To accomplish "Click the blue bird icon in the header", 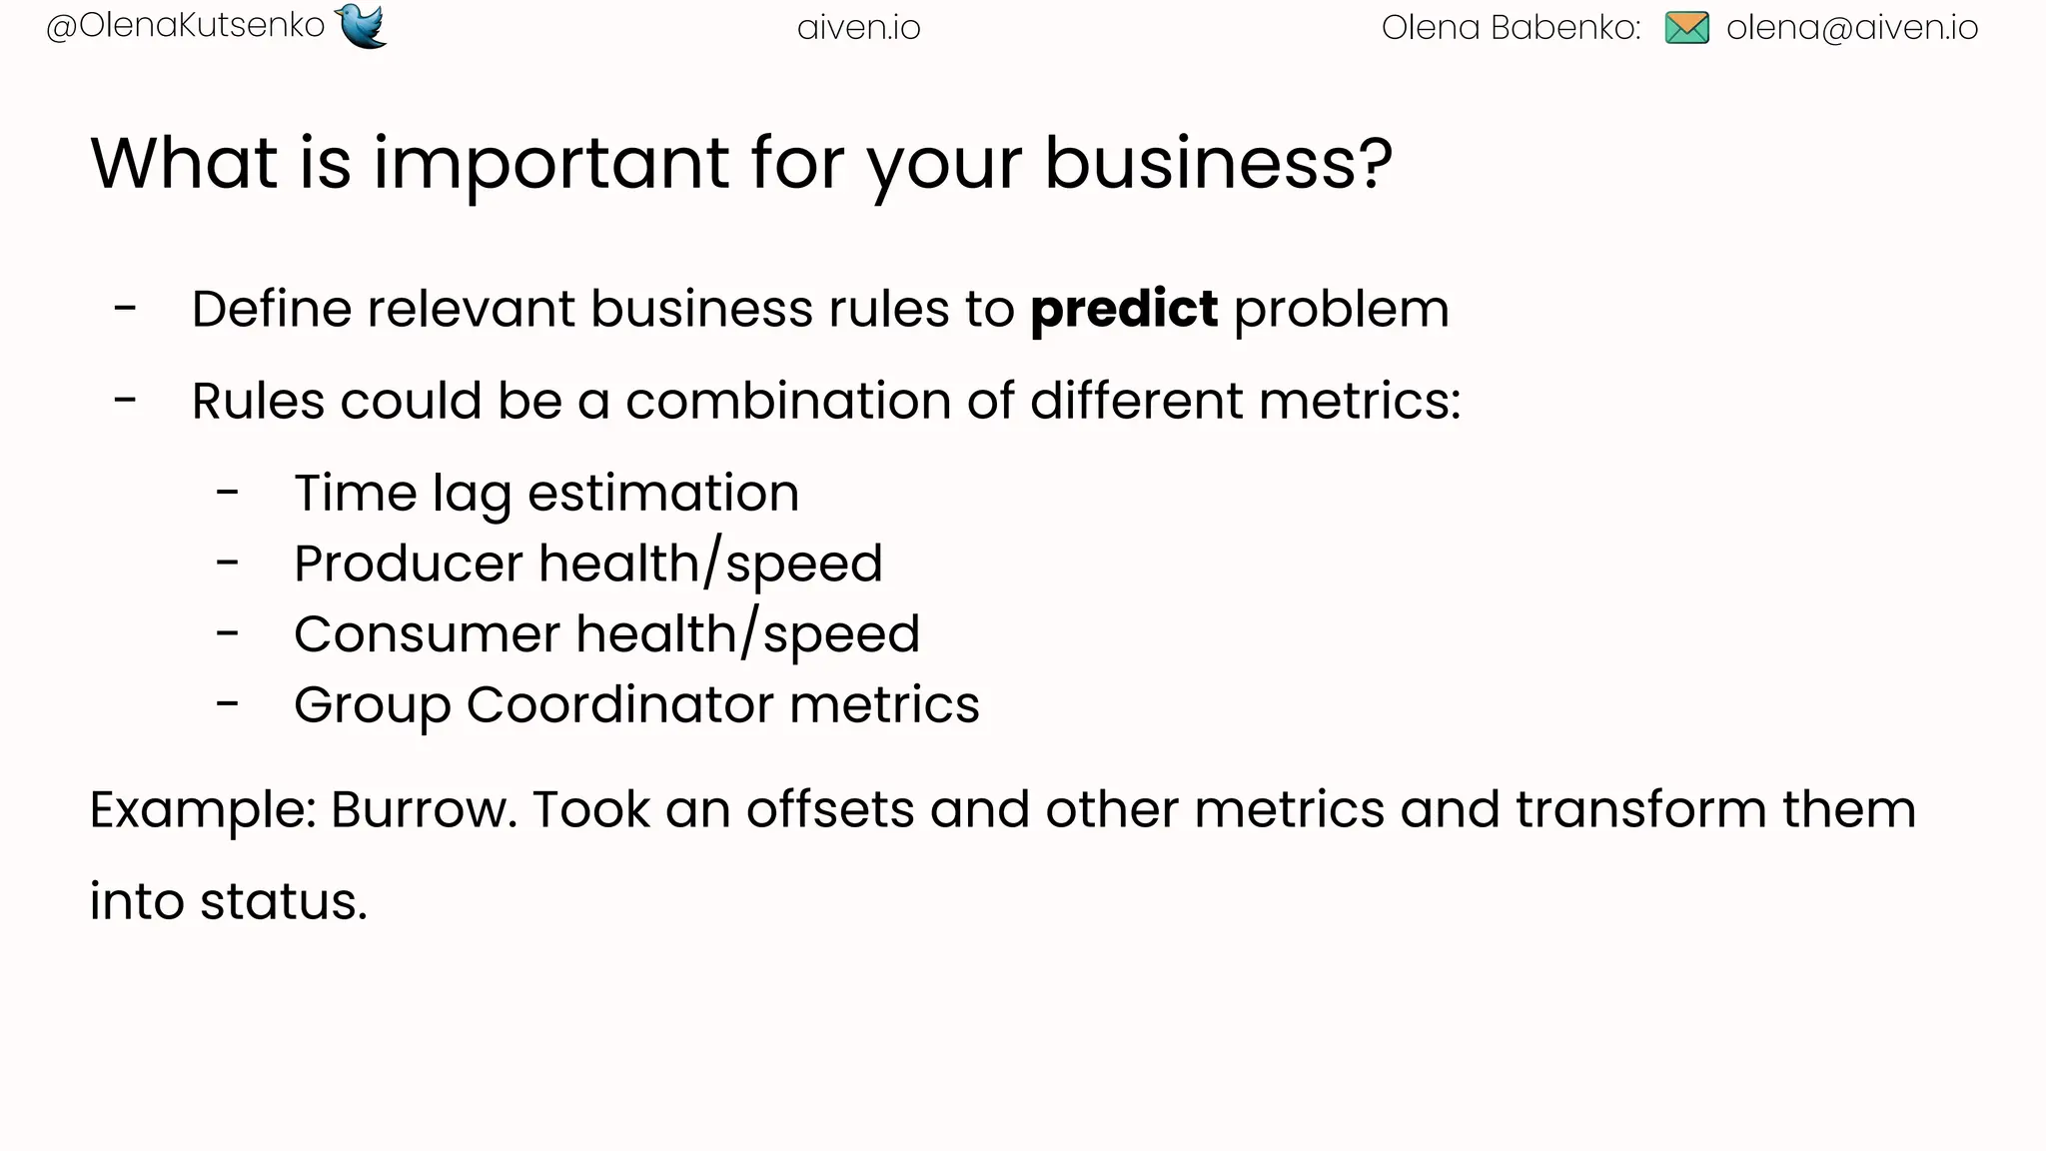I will pos(362,26).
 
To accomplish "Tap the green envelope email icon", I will pos(1686,28).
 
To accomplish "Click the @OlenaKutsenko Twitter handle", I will pos(186,26).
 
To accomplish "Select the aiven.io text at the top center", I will pos(858,28).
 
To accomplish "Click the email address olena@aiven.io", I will pos(1851,28).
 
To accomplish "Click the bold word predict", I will pos(1124,309).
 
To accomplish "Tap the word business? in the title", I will pos(1217,163).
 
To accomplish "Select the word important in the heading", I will pos(551,163).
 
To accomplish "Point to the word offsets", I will pos(829,809).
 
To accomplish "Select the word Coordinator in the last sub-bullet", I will pos(619,705).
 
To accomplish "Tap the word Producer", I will pos(409,564).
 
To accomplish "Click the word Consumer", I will pos(427,634).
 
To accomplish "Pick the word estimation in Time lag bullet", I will pos(662,494).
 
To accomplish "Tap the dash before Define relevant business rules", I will pos(125,309).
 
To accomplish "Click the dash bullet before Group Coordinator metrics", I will pos(228,705).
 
